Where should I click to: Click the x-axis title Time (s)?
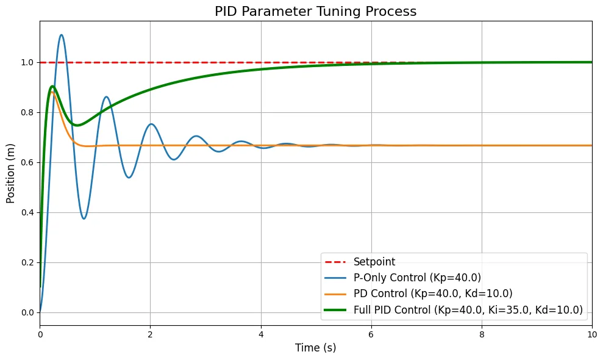[315, 348]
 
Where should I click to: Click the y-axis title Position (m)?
[11, 173]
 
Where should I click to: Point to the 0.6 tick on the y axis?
[27, 162]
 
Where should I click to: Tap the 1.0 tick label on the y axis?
[27, 62]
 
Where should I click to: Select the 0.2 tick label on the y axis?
[27, 262]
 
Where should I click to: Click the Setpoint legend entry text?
[374, 262]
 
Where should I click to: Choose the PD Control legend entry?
[432, 293]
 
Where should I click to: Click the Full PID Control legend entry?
[468, 310]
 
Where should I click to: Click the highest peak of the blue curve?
[62, 35]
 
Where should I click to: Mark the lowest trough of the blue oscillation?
[84, 218]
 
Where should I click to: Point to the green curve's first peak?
[52, 86]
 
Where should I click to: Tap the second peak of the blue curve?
[106, 96]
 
